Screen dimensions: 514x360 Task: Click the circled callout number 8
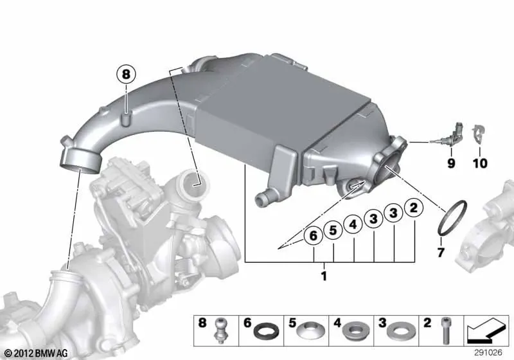126,75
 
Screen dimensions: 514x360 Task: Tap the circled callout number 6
314,236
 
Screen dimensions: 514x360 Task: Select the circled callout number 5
333,230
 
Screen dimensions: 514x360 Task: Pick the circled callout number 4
353,224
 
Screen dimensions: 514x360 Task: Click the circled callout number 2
414,208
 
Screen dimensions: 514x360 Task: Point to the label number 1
324,276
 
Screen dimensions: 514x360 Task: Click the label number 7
441,252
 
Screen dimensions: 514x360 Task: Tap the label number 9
451,163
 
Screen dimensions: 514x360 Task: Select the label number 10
480,163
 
